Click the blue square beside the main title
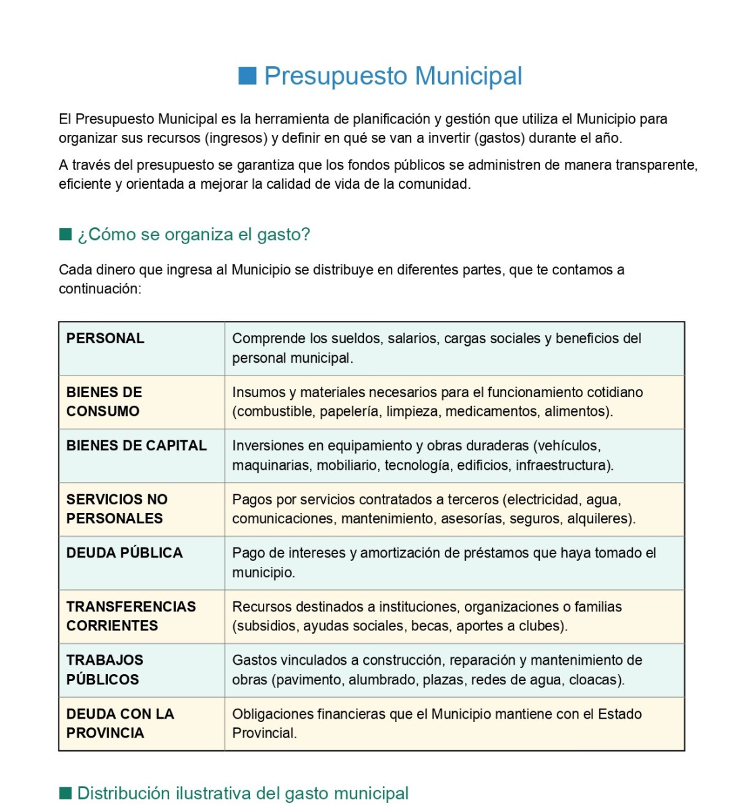[x=247, y=76]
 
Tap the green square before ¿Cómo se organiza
[x=65, y=234]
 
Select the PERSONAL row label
[x=105, y=338]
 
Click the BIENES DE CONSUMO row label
[x=104, y=402]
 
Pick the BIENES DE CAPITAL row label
[x=136, y=446]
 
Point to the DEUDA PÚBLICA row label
[x=124, y=553]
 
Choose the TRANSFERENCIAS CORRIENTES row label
[x=131, y=616]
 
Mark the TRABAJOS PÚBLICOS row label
[x=104, y=669]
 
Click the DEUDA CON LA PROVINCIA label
[x=120, y=723]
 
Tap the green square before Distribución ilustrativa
[x=65, y=793]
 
